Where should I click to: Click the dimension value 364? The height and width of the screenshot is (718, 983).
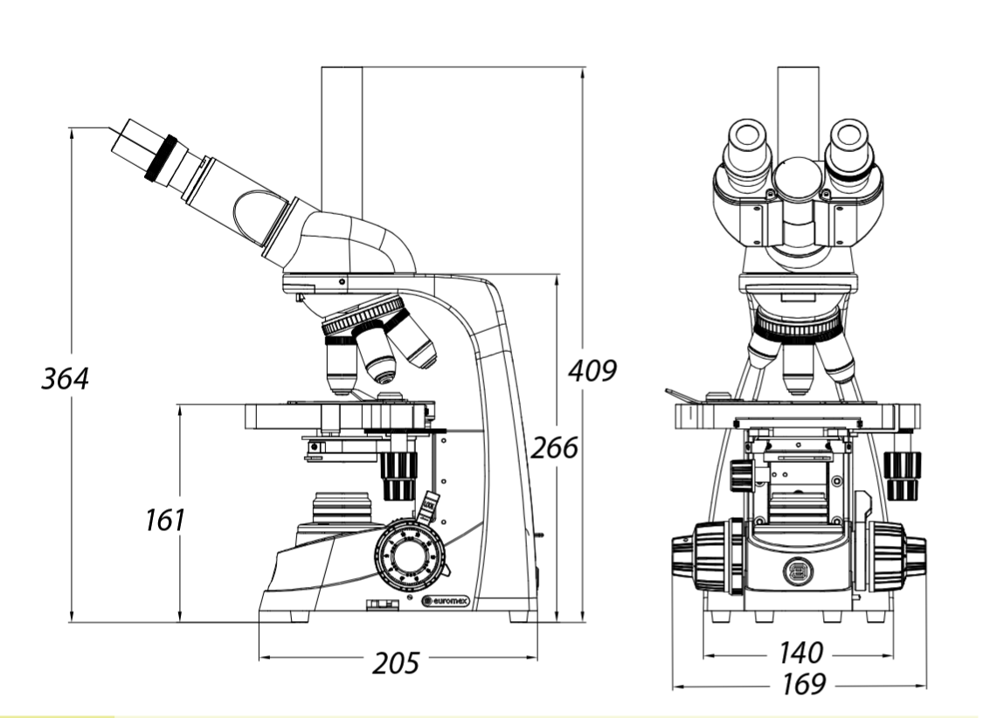pyautogui.click(x=65, y=378)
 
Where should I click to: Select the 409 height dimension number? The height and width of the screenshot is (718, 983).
pyautogui.click(x=592, y=370)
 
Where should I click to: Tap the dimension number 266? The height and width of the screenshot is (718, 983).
pyautogui.click(x=554, y=448)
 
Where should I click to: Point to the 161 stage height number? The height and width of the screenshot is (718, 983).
pyautogui.click(x=165, y=520)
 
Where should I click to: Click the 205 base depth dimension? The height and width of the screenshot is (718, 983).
pyautogui.click(x=396, y=663)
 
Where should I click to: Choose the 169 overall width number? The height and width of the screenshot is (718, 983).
pyautogui.click(x=804, y=684)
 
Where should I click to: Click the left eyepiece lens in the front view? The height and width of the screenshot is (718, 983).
pyautogui.click(x=748, y=135)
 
